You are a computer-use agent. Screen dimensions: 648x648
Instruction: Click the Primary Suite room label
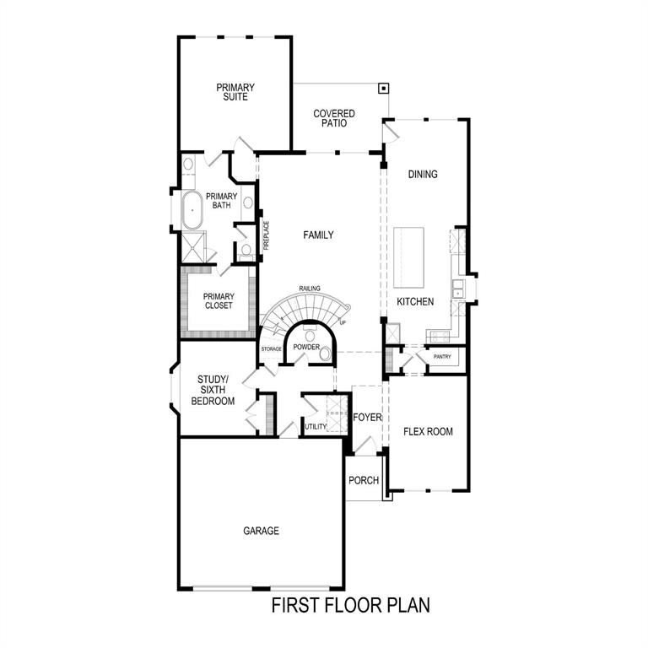click(235, 92)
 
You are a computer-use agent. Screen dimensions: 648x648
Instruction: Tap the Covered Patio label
click(334, 118)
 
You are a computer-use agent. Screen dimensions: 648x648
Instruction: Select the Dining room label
click(423, 175)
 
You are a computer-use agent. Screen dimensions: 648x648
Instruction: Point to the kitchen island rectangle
click(408, 257)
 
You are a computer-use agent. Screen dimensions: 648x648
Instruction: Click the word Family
click(318, 235)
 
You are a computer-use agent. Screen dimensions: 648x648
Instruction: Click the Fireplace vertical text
click(265, 235)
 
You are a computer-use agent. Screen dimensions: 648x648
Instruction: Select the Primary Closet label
click(218, 301)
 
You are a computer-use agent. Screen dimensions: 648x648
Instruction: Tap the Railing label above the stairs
click(310, 289)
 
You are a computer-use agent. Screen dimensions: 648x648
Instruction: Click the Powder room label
click(306, 347)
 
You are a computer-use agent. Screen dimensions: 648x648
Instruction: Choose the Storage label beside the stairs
click(271, 348)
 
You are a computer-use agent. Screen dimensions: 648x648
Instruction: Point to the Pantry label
click(442, 357)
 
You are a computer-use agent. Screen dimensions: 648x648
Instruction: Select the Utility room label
click(316, 427)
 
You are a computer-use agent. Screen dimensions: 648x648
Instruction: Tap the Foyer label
click(368, 418)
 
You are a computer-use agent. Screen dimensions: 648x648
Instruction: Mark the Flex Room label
click(428, 432)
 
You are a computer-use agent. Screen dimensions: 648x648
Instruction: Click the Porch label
click(364, 481)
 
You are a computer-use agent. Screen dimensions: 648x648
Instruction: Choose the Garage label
click(261, 532)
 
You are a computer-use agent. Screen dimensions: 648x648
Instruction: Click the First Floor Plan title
click(350, 605)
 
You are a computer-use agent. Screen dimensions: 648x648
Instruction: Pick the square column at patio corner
click(383, 88)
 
